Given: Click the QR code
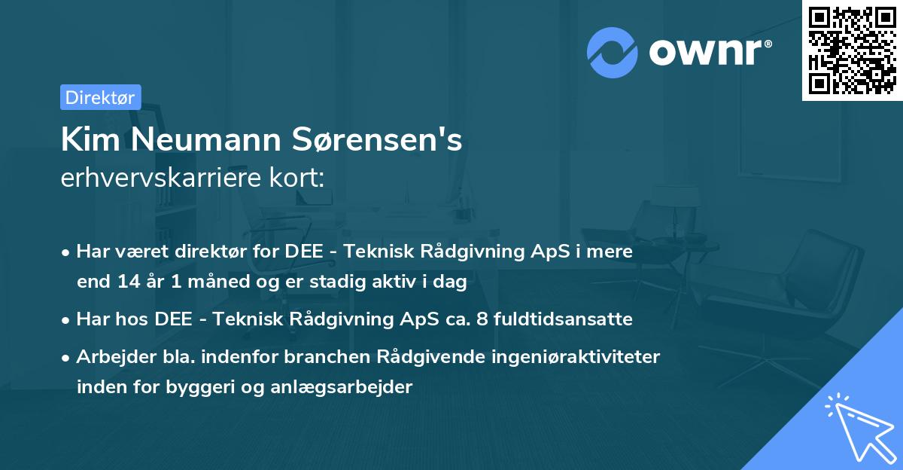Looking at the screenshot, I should click(853, 50).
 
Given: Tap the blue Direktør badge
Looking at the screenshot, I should click(100, 97).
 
